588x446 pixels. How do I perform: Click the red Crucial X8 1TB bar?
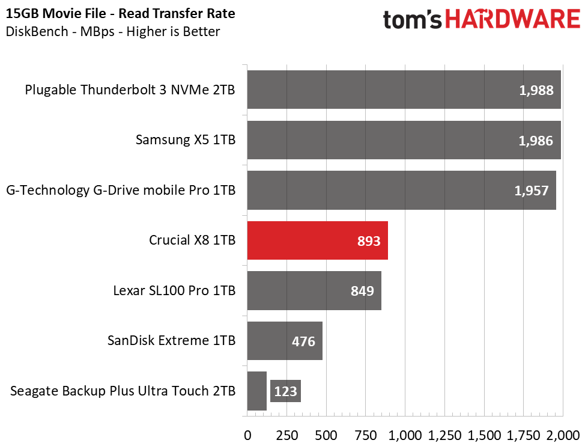pos(317,240)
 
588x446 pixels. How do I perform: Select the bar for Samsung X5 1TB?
pos(404,140)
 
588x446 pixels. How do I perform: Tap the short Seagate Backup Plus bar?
pos(257,391)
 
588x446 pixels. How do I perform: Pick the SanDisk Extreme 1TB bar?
pos(285,340)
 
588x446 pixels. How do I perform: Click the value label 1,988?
pos(536,91)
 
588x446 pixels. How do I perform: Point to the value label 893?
pos(369,241)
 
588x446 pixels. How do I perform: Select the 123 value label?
pos(285,391)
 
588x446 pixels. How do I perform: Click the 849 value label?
pos(362,291)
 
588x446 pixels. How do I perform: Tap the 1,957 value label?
pos(532,191)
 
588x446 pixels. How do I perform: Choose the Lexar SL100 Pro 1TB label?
pos(174,290)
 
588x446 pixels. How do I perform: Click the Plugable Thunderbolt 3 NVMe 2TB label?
pos(130,90)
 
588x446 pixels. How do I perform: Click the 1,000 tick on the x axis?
pos(405,436)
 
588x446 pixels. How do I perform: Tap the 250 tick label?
pos(287,436)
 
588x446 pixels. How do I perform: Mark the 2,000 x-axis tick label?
pos(563,436)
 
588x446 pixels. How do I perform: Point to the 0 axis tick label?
pos(247,436)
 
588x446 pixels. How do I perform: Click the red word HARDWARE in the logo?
pos(513,19)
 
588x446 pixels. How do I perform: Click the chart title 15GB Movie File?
pos(56,13)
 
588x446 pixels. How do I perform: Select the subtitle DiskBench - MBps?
pos(60,31)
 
